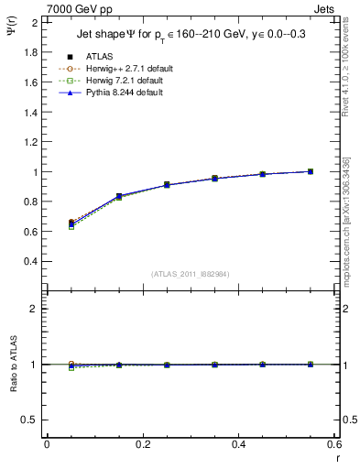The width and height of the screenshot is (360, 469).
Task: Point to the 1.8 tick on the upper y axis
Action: [x=30, y=52]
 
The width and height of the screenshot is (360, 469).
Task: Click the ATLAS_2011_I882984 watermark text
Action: [x=190, y=274]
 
